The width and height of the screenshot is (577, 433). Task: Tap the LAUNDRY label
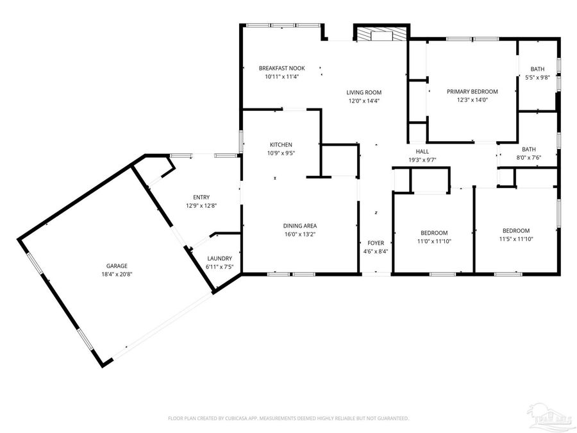219,258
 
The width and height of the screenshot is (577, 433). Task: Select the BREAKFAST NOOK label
281,68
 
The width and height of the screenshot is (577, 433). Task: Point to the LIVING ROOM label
364,92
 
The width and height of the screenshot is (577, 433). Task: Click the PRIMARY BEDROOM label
472,92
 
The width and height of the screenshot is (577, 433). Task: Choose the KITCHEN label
281,144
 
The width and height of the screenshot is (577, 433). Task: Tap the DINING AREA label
300,226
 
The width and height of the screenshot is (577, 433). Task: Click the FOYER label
376,243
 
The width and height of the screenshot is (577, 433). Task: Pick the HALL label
422,151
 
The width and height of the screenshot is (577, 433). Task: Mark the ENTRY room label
201,197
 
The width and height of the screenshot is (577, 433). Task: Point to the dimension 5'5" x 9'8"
537,78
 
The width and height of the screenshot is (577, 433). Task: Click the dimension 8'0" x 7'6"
529,157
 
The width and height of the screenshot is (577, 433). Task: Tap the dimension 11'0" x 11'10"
434,241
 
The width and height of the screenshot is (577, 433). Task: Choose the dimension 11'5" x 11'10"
515,239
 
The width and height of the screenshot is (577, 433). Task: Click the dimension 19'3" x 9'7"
422,160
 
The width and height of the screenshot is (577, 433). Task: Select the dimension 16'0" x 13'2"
300,234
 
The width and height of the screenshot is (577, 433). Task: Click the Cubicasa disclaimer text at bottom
288,418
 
